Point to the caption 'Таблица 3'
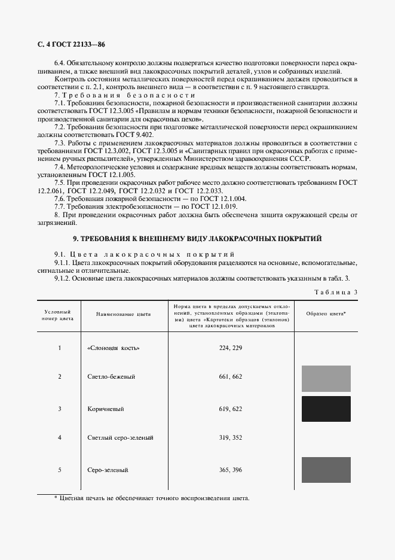click(x=335, y=291)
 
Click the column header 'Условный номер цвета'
click(x=59, y=315)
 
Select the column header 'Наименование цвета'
click(x=123, y=314)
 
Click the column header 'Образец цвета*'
click(x=326, y=314)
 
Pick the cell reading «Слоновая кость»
click(x=117, y=348)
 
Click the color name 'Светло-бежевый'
click(x=111, y=376)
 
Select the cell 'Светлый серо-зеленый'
click(x=120, y=438)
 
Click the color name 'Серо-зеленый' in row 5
click(x=108, y=470)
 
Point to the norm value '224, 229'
click(x=231, y=348)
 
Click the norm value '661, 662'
click(x=231, y=376)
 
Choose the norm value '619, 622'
click(x=231, y=409)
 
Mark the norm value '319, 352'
click(x=231, y=438)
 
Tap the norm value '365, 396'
click(x=231, y=470)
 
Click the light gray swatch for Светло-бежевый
click(x=326, y=379)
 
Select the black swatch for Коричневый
click(x=326, y=409)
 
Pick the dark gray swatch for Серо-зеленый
click(x=326, y=470)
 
